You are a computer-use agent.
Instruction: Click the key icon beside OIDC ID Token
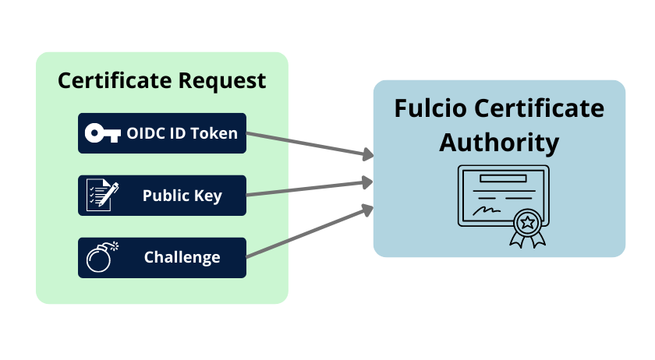click(102, 133)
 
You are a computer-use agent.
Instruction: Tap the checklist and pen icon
click(103, 195)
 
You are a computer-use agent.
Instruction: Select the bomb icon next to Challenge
click(102, 256)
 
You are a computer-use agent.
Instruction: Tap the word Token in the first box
click(214, 133)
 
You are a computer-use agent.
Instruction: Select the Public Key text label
click(182, 196)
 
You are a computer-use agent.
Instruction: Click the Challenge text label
click(182, 257)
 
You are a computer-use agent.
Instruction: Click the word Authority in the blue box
click(499, 143)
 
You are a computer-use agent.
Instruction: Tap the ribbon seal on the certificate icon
click(528, 228)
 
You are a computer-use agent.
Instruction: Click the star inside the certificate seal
click(528, 223)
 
